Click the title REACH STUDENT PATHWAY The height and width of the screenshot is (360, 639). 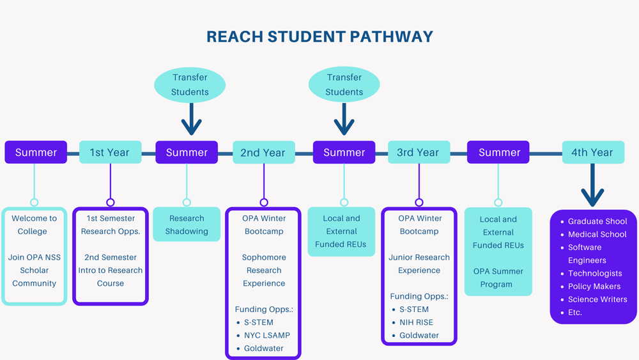click(319, 36)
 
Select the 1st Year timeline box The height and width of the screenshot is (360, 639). click(110, 152)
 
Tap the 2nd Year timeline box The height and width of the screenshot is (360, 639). click(263, 152)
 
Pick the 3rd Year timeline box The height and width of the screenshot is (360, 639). click(418, 152)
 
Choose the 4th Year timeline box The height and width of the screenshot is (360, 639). click(592, 152)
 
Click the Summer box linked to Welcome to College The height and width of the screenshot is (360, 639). click(36, 152)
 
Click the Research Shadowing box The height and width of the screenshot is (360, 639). click(187, 224)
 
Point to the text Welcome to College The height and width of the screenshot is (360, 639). click(34, 224)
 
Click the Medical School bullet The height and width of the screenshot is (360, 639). click(597, 234)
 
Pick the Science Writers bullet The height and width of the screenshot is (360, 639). click(597, 299)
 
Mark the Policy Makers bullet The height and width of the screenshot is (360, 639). click(594, 286)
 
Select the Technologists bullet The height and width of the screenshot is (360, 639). click(595, 273)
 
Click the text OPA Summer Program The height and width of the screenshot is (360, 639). click(498, 278)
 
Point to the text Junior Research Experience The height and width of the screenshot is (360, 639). click(419, 263)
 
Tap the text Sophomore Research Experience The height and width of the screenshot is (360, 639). click(263, 270)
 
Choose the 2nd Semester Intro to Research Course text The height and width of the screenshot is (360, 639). click(111, 270)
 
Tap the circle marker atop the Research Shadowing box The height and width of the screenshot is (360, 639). click(187, 202)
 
